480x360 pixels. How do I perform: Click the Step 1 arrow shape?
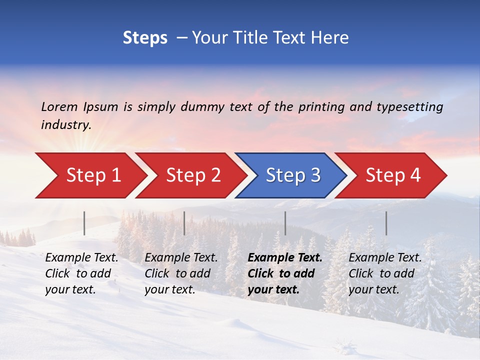coord(93,175)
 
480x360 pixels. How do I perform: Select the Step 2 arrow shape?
coord(193,175)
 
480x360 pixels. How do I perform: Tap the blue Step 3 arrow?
coord(293,175)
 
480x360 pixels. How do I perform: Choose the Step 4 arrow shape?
coord(393,175)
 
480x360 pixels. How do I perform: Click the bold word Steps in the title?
coord(145,38)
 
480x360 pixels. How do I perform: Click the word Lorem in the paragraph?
coord(59,106)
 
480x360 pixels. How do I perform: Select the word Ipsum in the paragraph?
coord(100,106)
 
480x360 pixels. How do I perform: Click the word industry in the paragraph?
coord(65,125)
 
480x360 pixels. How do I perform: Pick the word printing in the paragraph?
coord(321,106)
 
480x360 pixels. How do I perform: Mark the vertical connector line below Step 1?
coord(84,223)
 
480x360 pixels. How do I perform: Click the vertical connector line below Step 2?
coord(184,223)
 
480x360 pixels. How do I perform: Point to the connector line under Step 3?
coord(285,223)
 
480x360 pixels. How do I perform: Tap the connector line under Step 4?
coord(386,223)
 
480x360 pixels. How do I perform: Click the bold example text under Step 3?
coord(284,273)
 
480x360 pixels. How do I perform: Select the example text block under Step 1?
coord(81,273)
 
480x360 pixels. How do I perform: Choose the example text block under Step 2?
coord(181,273)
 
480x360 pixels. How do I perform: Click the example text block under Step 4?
coord(385,273)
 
